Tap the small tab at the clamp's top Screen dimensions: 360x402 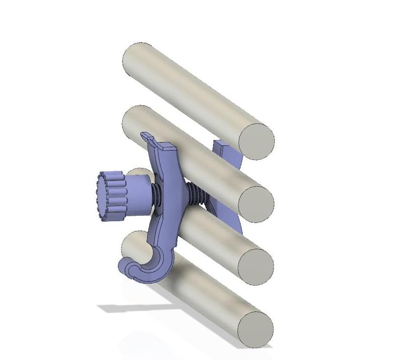pos(147,137)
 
